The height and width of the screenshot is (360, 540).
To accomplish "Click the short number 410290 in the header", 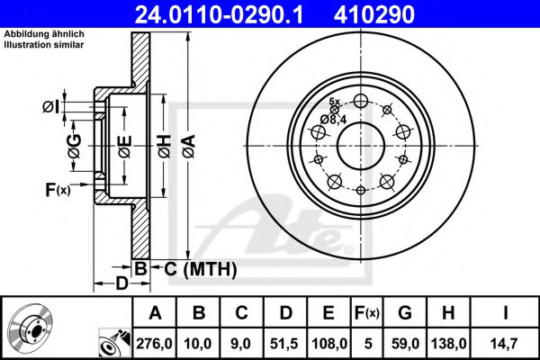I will coord(402,13).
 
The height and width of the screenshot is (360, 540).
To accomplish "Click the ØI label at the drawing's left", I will coord(50,108).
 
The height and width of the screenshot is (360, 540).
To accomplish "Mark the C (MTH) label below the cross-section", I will coord(200,267).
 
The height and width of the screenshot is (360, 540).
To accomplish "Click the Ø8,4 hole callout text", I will coord(335,118).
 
